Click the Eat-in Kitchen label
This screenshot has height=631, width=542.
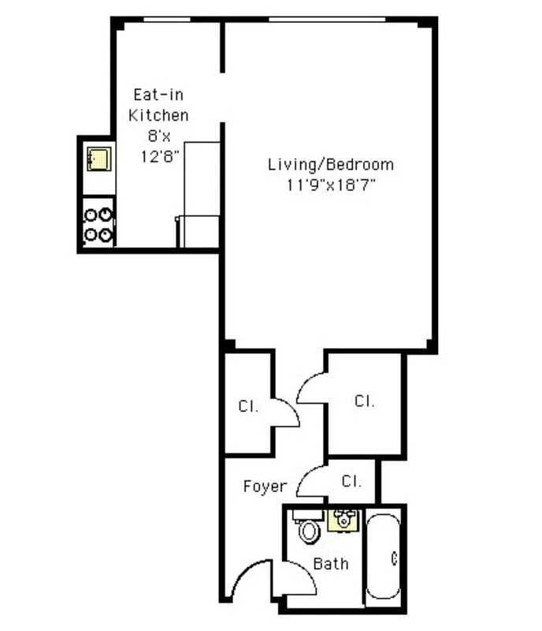[x=160, y=105]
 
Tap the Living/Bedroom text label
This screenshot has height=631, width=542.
[x=330, y=165]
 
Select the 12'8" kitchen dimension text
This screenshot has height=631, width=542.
[x=160, y=155]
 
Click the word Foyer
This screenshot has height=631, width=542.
[x=265, y=486]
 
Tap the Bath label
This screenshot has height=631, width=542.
[x=331, y=563]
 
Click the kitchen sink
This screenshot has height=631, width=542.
[x=99, y=158]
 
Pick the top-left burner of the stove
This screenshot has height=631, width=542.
[x=91, y=214]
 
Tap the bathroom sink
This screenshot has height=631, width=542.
[x=344, y=519]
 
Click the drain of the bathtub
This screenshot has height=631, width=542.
[x=393, y=559]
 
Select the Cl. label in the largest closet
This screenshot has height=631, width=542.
[x=364, y=401]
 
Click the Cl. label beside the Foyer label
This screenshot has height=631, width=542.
[x=351, y=480]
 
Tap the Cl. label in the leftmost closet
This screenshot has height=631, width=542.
[x=247, y=407]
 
